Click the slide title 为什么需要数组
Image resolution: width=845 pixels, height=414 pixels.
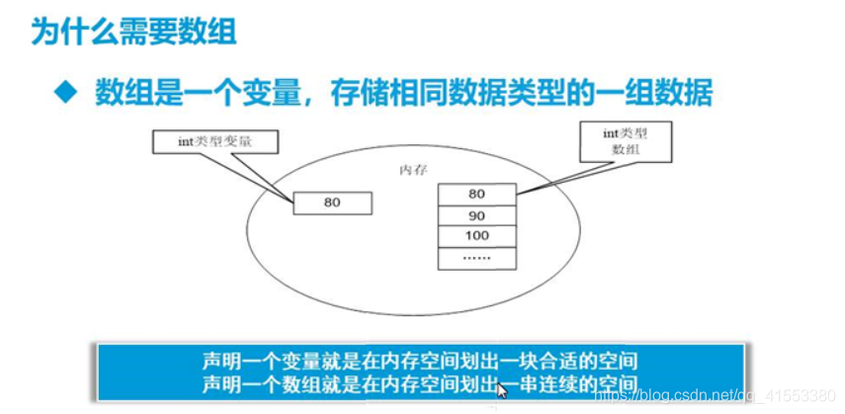coord(134,33)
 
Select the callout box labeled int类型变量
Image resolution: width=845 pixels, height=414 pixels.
coord(214,142)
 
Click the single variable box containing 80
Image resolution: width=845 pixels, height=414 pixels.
coord(332,204)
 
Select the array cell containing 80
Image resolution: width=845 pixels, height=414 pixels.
coord(476,194)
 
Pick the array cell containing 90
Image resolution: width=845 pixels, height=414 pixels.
coord(476,215)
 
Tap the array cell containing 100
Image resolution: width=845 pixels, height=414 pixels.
coord(476,237)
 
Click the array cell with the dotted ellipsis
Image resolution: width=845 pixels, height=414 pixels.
coord(476,259)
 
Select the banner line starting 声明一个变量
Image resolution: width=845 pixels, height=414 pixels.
coord(419,361)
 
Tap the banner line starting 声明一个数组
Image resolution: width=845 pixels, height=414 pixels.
coord(419,383)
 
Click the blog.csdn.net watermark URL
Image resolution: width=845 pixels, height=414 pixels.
coord(711,397)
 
